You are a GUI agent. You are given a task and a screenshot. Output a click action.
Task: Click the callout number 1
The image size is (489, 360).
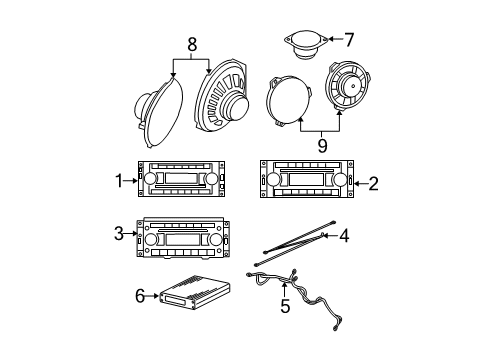point(118,181)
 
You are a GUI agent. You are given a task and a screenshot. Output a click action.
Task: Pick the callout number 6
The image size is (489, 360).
point(141,296)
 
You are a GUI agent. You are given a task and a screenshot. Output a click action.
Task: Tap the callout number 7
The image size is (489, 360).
point(349,40)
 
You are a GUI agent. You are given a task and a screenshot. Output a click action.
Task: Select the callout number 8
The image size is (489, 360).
point(191,45)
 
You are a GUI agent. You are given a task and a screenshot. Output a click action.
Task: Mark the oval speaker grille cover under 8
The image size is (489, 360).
point(159,110)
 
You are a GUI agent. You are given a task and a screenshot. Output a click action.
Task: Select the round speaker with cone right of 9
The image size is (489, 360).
point(347,92)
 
